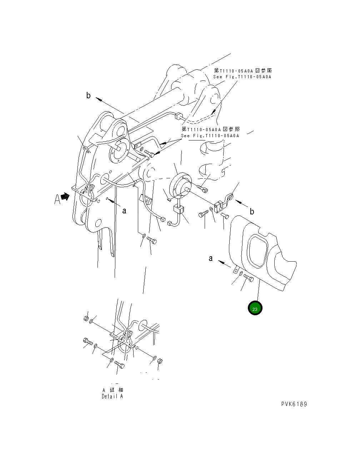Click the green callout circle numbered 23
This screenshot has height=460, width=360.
[x=255, y=309]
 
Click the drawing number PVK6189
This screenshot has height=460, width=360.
[x=294, y=404]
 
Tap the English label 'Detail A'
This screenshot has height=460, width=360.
[x=112, y=396]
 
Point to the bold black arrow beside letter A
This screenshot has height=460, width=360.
[x=65, y=197]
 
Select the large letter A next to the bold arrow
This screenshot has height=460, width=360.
[x=57, y=199]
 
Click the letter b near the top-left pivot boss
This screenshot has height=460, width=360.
[x=88, y=95]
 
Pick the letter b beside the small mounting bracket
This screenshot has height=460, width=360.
[x=252, y=211]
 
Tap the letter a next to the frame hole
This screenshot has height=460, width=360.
[x=124, y=211]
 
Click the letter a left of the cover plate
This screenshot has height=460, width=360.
[x=211, y=258]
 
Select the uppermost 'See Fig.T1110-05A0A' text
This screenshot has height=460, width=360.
[x=242, y=77]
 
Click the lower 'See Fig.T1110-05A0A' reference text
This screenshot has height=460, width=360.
[x=210, y=136]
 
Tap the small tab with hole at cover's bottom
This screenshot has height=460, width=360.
[x=236, y=271]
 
